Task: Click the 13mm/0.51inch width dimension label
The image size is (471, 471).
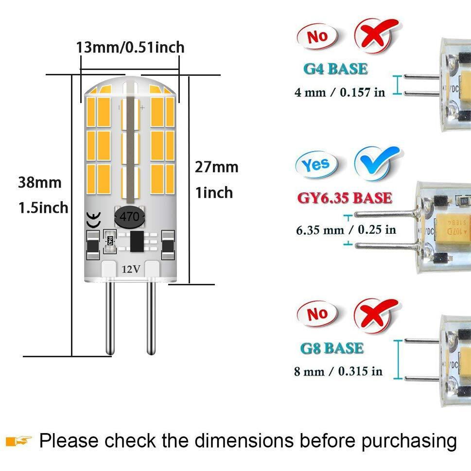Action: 130,48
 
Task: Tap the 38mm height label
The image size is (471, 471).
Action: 40,182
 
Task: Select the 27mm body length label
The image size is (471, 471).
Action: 217,167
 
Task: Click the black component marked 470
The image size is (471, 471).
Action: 129,217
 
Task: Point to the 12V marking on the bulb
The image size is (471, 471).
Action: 131,269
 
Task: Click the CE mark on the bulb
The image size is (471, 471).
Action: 93,220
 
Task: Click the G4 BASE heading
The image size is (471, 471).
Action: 335,69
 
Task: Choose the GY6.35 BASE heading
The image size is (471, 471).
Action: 345,198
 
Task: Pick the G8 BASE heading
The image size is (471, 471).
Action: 332,349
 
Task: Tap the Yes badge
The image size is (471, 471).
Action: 316,165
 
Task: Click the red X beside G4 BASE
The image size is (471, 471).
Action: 377,35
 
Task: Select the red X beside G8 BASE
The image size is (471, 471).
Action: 376,315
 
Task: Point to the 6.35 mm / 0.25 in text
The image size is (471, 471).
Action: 346,230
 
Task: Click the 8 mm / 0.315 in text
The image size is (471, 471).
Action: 338,371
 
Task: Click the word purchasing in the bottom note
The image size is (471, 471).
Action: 409,441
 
